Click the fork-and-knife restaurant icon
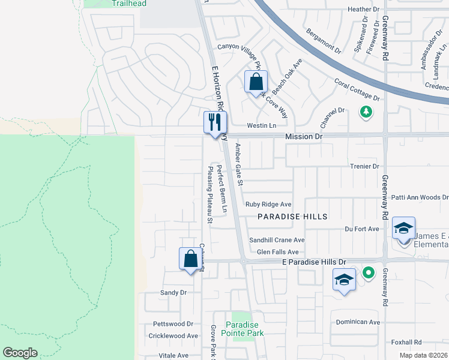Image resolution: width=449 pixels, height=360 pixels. click(214, 122)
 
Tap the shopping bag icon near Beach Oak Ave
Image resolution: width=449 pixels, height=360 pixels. click(256, 82)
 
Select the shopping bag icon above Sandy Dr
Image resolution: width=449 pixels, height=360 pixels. click(190, 259)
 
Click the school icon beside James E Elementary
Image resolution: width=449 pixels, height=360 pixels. click(403, 229)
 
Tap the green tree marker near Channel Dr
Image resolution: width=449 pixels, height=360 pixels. click(365, 111)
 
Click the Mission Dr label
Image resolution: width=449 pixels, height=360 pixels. click(304, 137)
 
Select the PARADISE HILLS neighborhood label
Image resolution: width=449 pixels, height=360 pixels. click(292, 217)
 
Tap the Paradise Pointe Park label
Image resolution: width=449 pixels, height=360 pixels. click(243, 328)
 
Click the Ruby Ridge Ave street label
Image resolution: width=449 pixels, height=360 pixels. click(268, 205)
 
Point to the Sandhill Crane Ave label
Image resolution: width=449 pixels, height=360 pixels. click(277, 240)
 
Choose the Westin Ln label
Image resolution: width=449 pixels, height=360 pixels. click(262, 126)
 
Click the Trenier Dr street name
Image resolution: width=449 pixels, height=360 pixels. click(365, 166)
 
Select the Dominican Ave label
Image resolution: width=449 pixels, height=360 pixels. click(358, 322)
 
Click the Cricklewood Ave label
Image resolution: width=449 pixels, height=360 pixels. click(173, 336)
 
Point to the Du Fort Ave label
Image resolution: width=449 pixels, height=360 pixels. click(362, 229)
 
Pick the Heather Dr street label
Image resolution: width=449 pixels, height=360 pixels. click(364, 10)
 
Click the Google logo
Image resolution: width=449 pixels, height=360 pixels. click(20, 353)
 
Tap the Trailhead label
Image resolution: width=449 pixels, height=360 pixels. click(128, 4)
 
